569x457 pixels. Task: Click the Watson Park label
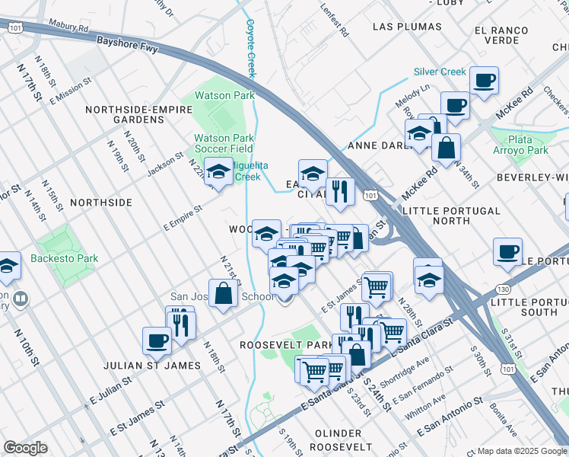point(224,96)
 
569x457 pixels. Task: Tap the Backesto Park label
point(65,258)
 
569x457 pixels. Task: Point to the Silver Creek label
point(440,72)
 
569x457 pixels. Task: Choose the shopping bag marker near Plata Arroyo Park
point(446,146)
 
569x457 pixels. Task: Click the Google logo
point(25,448)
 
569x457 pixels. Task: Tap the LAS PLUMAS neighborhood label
point(406,27)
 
